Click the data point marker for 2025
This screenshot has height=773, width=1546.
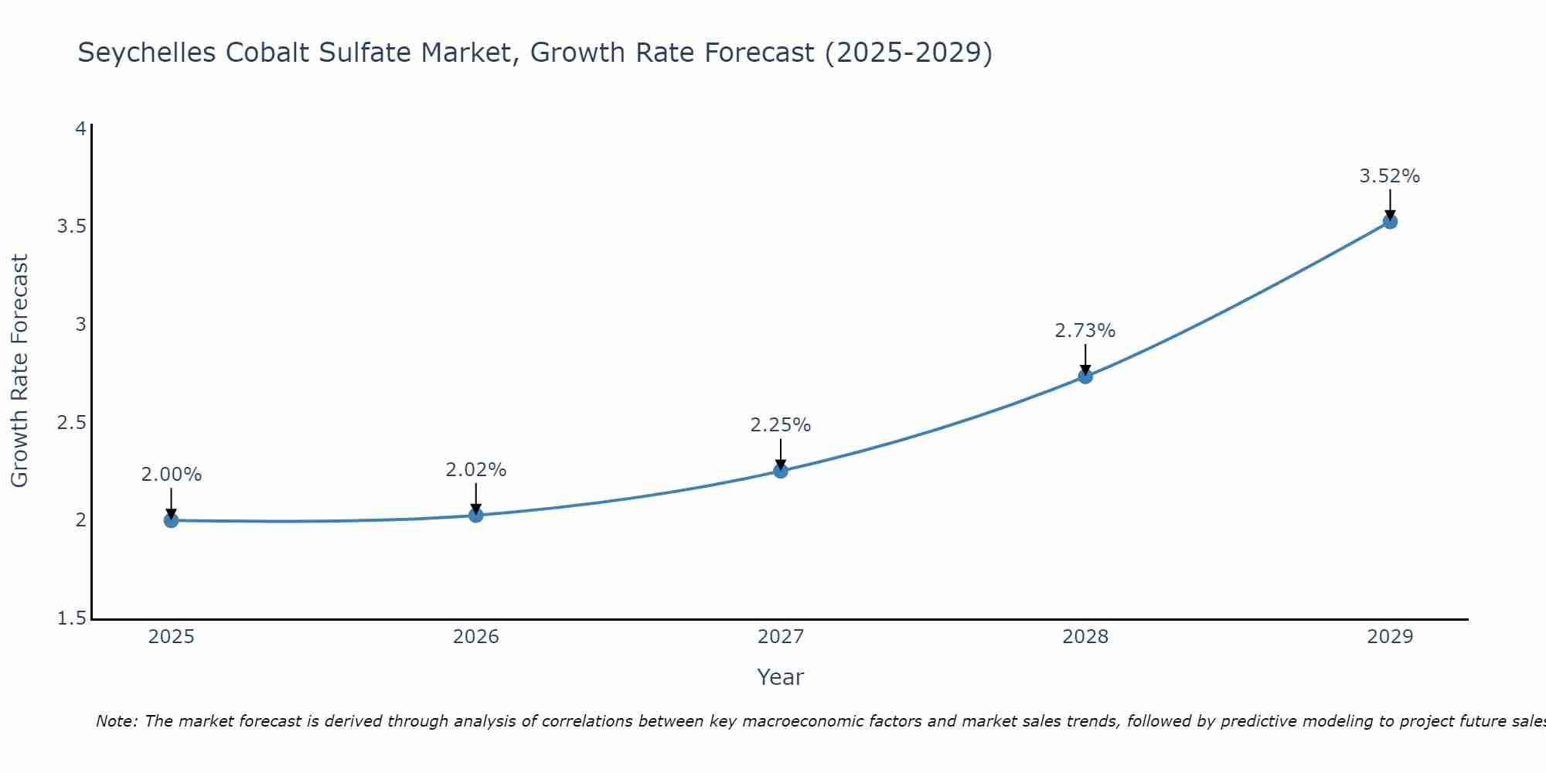[172, 520]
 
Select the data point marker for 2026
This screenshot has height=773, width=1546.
[476, 515]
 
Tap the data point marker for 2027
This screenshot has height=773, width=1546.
[781, 471]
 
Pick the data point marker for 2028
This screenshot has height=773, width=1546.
[1085, 376]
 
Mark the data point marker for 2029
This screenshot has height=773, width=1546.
[1390, 222]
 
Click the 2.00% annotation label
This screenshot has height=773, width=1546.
[172, 475]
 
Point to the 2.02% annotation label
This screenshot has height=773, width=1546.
[476, 470]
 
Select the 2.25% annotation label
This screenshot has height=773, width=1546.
[781, 425]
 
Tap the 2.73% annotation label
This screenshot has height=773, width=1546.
[1085, 331]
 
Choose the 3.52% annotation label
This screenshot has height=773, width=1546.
[1390, 176]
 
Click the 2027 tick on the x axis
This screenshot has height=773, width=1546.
[781, 637]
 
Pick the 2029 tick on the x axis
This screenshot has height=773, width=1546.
[1390, 637]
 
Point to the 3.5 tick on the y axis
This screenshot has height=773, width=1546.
[71, 226]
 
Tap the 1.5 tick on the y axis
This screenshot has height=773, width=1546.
[71, 618]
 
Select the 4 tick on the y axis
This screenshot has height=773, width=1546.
[80, 128]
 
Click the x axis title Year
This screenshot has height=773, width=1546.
[781, 677]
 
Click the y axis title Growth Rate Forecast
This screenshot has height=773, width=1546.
[20, 371]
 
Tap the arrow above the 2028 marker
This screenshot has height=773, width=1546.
[1085, 359]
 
